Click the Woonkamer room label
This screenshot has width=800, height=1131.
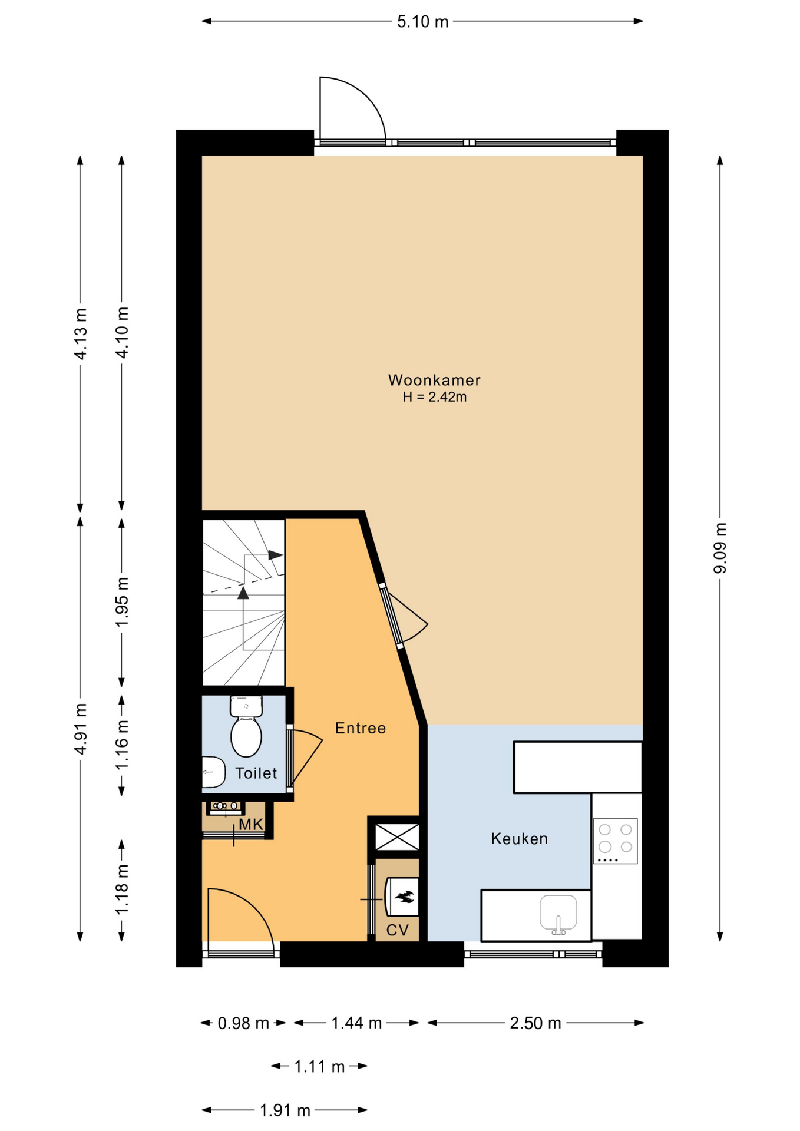[434, 380]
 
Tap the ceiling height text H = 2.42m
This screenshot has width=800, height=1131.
[435, 397]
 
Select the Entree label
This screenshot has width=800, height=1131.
[361, 728]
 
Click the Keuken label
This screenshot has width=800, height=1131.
[520, 838]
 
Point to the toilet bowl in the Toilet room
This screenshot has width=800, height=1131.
[246, 735]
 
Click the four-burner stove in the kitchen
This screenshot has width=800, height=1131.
[615, 841]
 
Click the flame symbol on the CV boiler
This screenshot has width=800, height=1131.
[404, 898]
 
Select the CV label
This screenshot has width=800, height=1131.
[398, 930]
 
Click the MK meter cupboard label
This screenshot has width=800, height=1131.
[251, 825]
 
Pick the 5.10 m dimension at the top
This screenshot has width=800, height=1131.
[422, 22]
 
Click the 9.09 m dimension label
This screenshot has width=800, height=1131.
[720, 548]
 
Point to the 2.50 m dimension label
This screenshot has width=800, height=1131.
[535, 1023]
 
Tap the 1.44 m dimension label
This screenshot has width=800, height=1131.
[356, 1023]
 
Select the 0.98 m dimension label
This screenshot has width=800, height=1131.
[243, 1023]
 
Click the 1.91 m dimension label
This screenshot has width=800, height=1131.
[285, 1110]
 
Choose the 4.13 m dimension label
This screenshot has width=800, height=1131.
[81, 333]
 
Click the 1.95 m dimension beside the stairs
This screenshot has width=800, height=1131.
[122, 603]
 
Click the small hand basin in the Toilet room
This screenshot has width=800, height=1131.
[213, 772]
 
